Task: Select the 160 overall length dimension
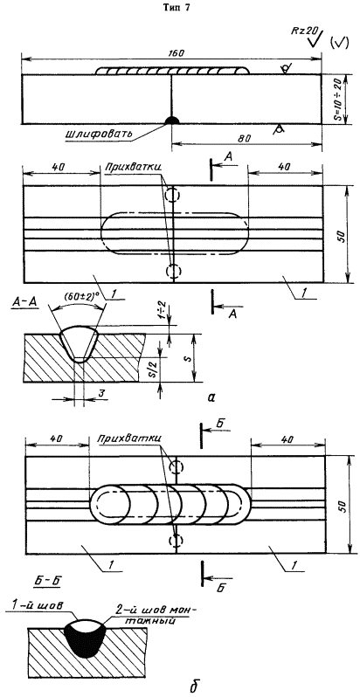[x=171, y=53]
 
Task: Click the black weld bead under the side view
[x=172, y=121]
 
